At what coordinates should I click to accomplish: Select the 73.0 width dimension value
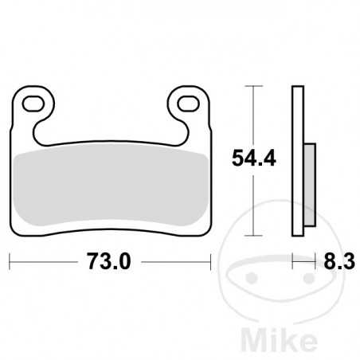(110, 260)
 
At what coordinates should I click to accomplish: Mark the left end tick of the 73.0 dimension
(10, 260)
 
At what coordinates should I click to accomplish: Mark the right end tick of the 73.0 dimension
(210, 260)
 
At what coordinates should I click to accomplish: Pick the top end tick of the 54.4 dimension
(252, 85)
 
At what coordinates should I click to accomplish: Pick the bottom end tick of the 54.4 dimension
(252, 236)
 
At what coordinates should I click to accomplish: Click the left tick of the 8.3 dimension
(294, 260)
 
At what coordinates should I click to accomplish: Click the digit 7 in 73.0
(92, 260)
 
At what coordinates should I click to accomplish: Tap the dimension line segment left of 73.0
(44, 260)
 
